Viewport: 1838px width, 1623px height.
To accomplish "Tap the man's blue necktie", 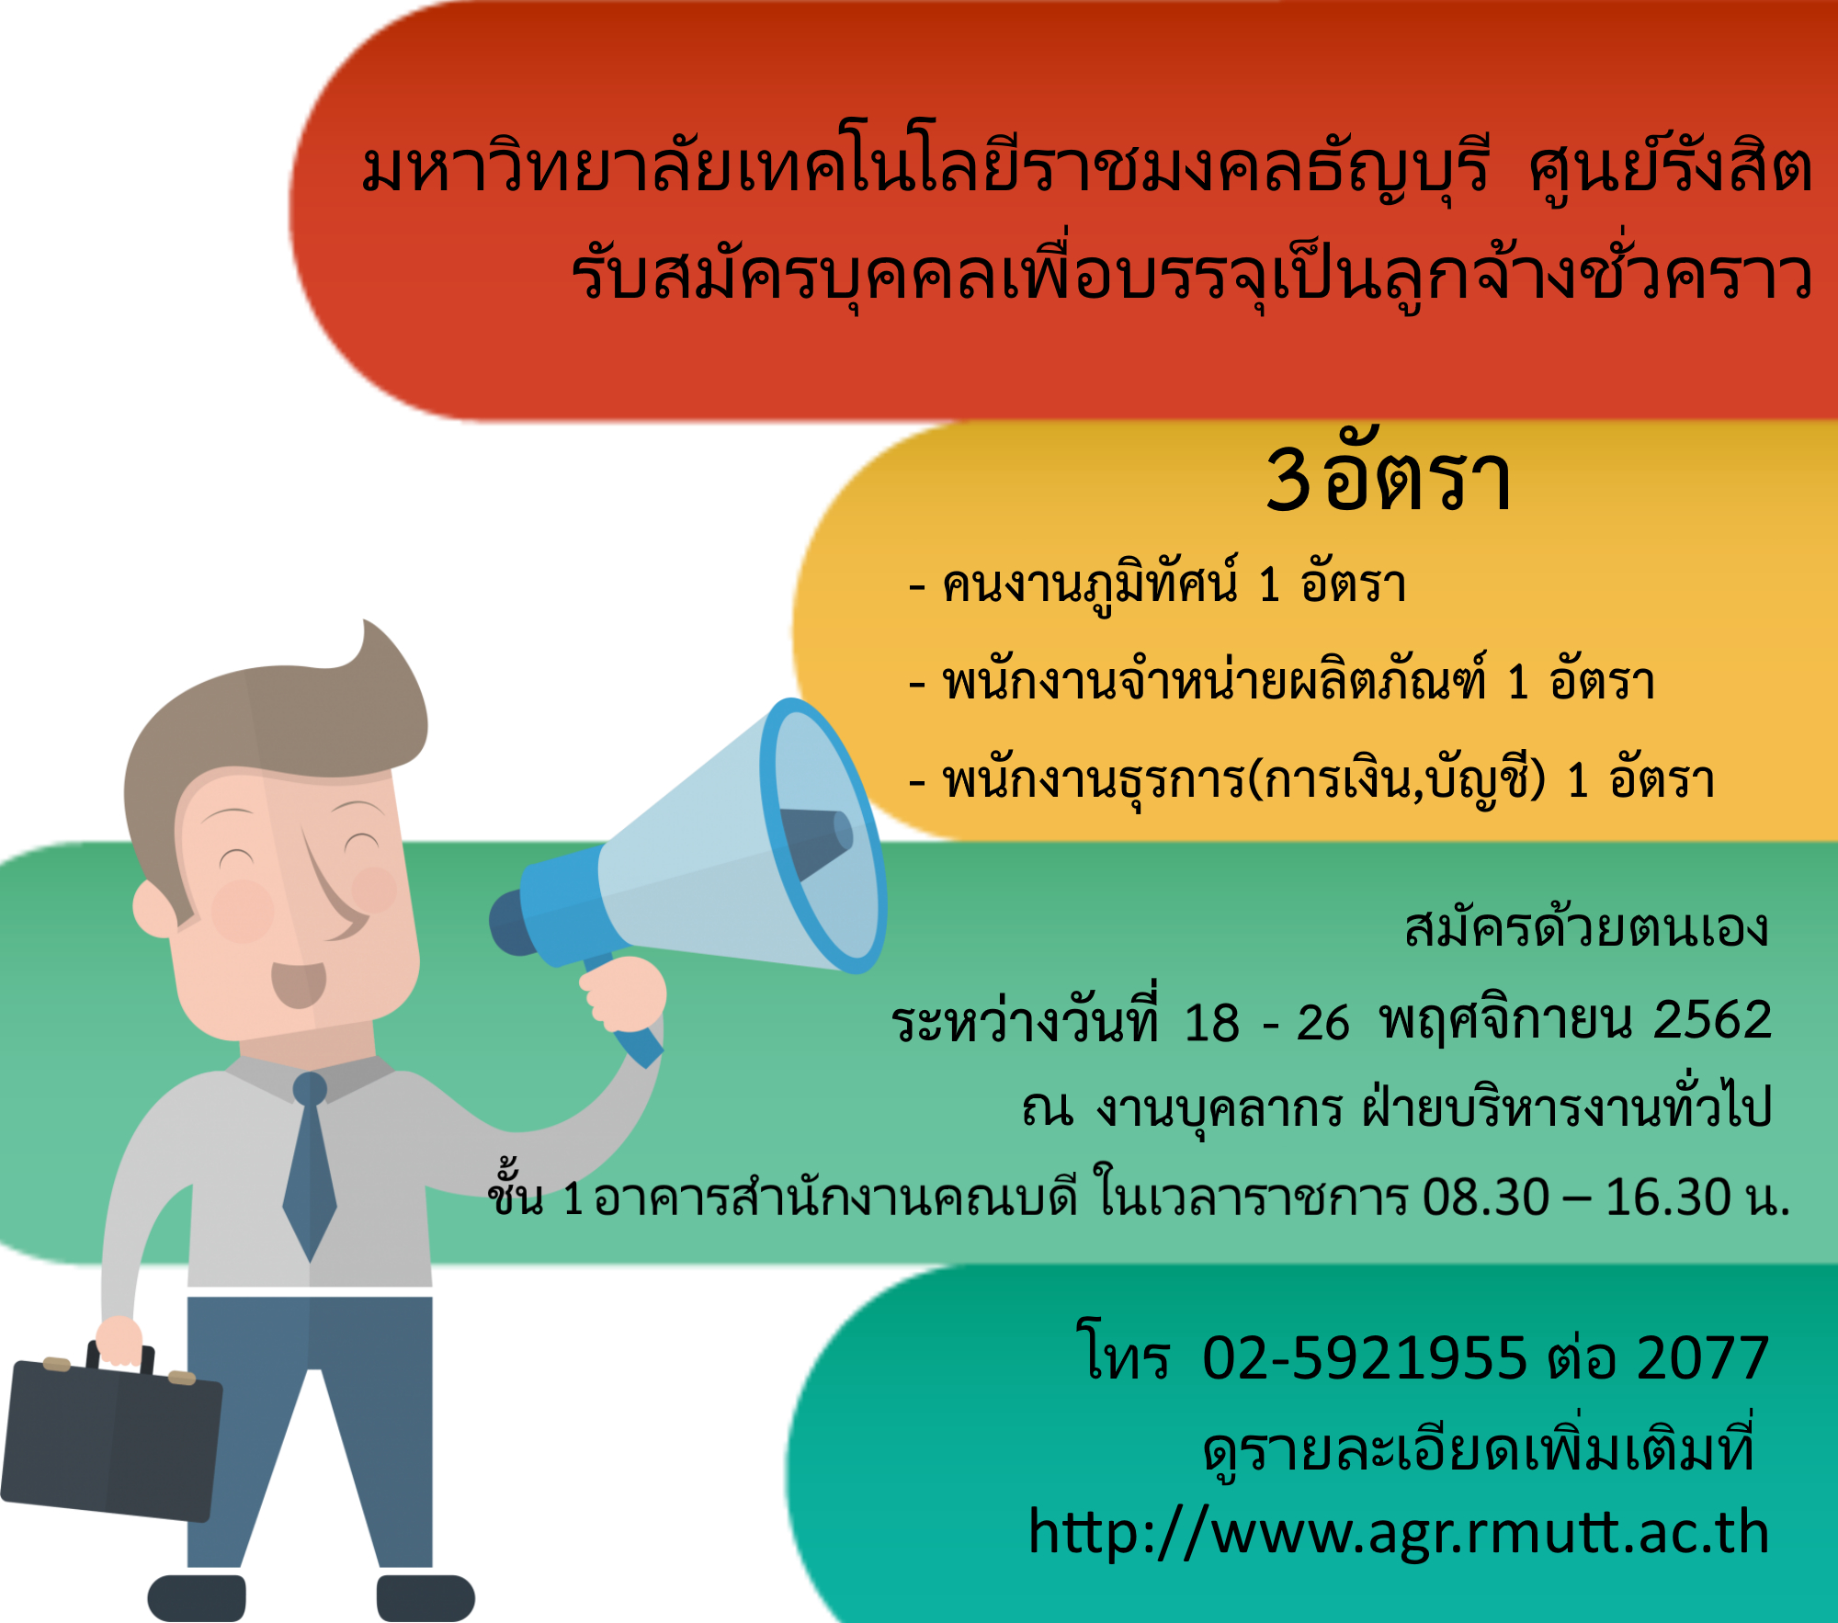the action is (x=310, y=1167).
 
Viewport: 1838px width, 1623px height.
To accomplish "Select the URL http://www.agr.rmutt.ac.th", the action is (x=1399, y=1532).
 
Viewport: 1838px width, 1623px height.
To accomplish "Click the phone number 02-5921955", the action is (x=1365, y=1358).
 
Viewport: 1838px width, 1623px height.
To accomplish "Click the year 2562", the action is (x=1712, y=1019).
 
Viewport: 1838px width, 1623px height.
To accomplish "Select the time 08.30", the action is (x=1486, y=1197).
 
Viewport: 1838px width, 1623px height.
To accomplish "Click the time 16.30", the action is (x=1668, y=1197).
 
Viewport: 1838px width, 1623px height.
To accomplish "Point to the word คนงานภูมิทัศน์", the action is (x=1091, y=584).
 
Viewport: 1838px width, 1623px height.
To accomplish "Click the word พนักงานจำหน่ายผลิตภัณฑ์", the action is (x=1214, y=681).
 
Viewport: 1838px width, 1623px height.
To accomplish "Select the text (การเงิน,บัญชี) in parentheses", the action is (x=1396, y=780).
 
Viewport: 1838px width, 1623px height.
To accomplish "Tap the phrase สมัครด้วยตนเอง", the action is (x=1586, y=927).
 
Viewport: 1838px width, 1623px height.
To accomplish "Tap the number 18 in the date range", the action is (x=1212, y=1023).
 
